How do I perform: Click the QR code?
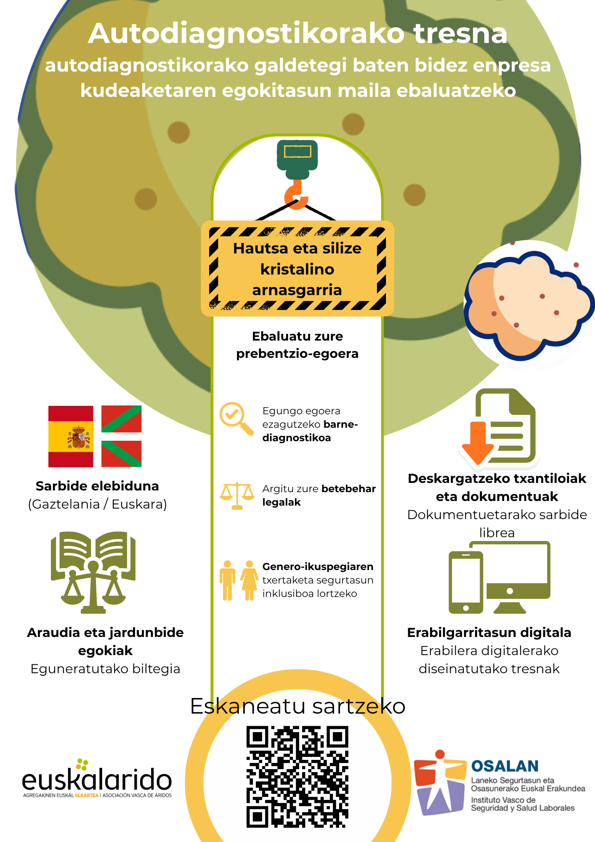tap(297, 776)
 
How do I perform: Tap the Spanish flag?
tap(71, 437)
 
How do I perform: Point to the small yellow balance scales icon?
tap(237, 496)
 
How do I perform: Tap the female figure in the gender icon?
tap(250, 580)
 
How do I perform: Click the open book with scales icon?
tap(93, 572)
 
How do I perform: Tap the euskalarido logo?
tap(97, 779)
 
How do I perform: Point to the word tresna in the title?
tap(461, 34)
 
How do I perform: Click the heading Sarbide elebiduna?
tap(97, 486)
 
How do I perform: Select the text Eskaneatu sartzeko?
tap(297, 706)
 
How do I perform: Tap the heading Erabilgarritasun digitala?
tap(489, 632)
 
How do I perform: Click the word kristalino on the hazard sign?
tap(297, 269)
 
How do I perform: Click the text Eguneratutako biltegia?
tap(105, 669)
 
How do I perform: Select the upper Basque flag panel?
tap(121, 419)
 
